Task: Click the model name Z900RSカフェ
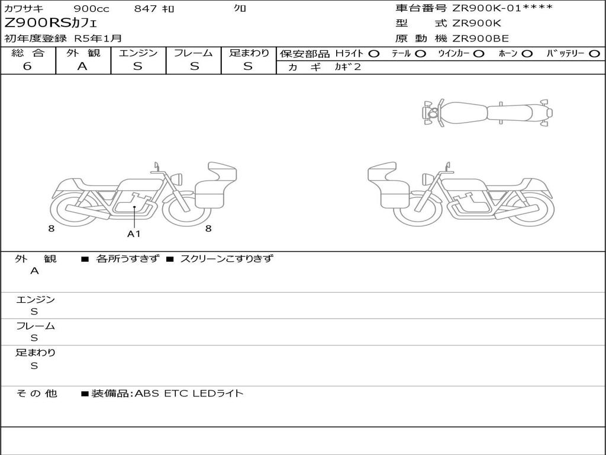(51, 23)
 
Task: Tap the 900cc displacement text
(91, 8)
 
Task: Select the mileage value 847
(146, 8)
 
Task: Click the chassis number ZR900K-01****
(502, 8)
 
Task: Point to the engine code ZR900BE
(480, 39)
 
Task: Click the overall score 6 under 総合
(27, 66)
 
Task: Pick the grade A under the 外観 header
(82, 66)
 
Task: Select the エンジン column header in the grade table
(138, 53)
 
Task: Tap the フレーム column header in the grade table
(194, 53)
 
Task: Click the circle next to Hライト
(374, 54)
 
